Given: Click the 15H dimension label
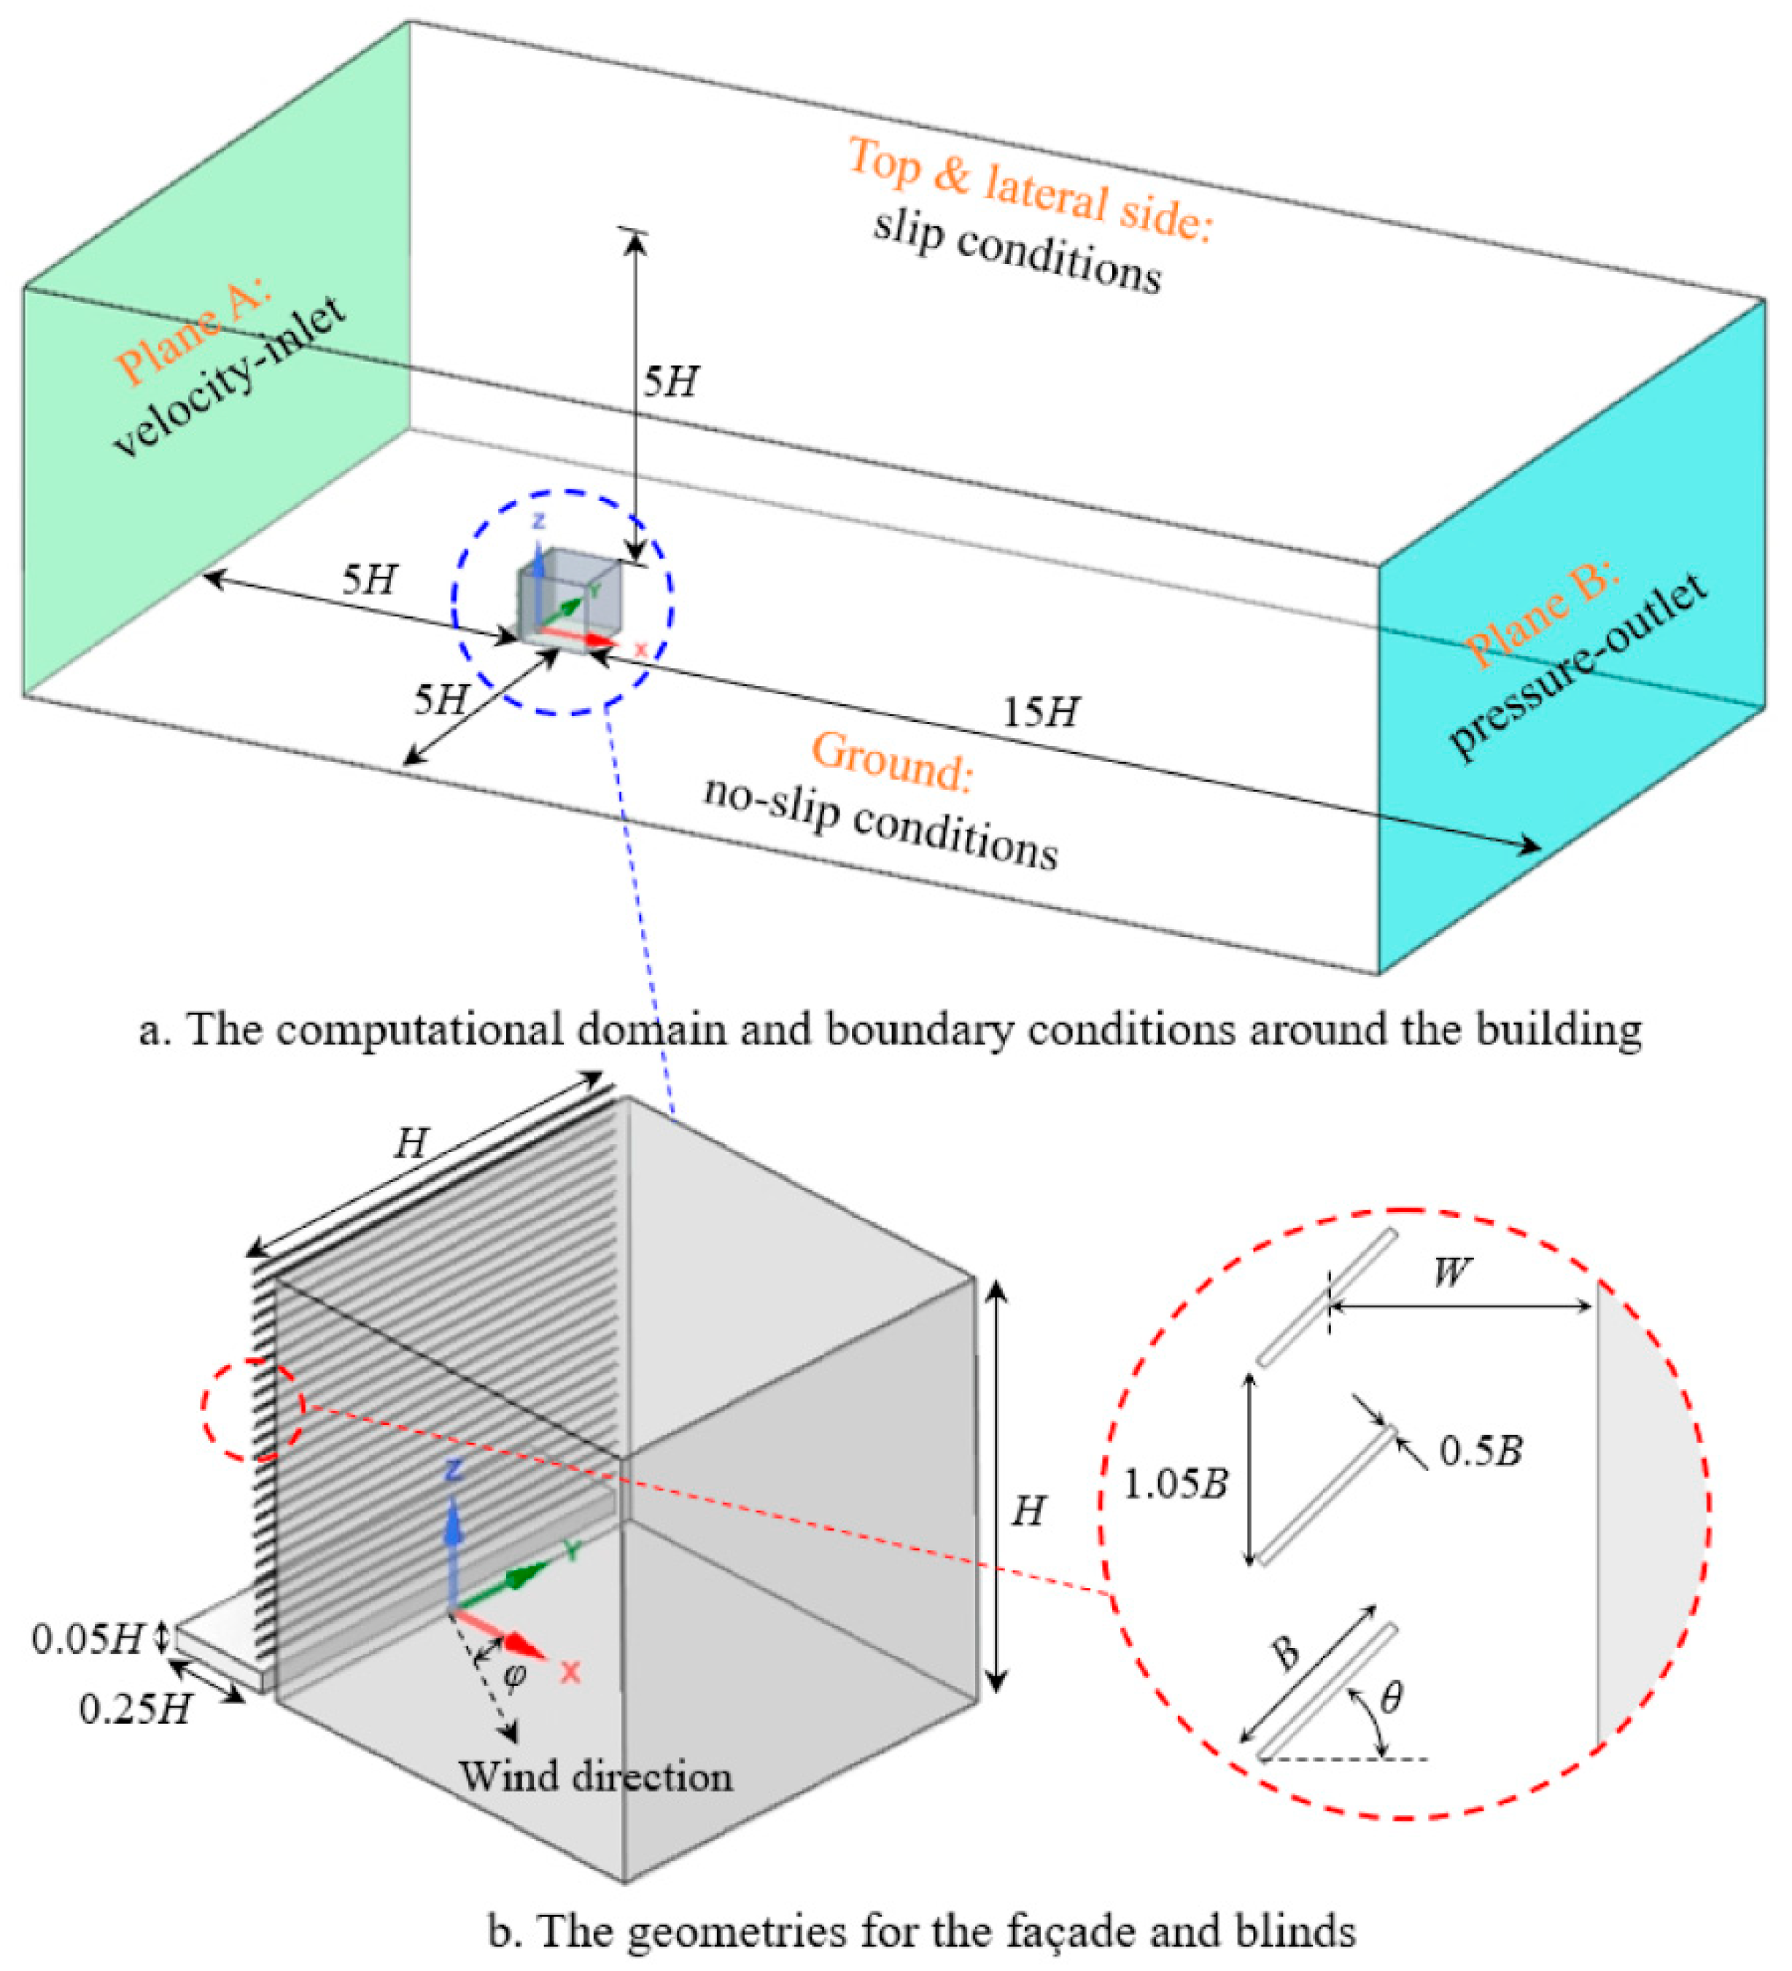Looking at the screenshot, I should pos(1040,712).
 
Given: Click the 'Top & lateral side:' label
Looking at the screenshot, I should pos(1028,190).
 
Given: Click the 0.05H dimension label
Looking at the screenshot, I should pos(88,1639).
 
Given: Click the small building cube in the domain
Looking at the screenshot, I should pos(569,596).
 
